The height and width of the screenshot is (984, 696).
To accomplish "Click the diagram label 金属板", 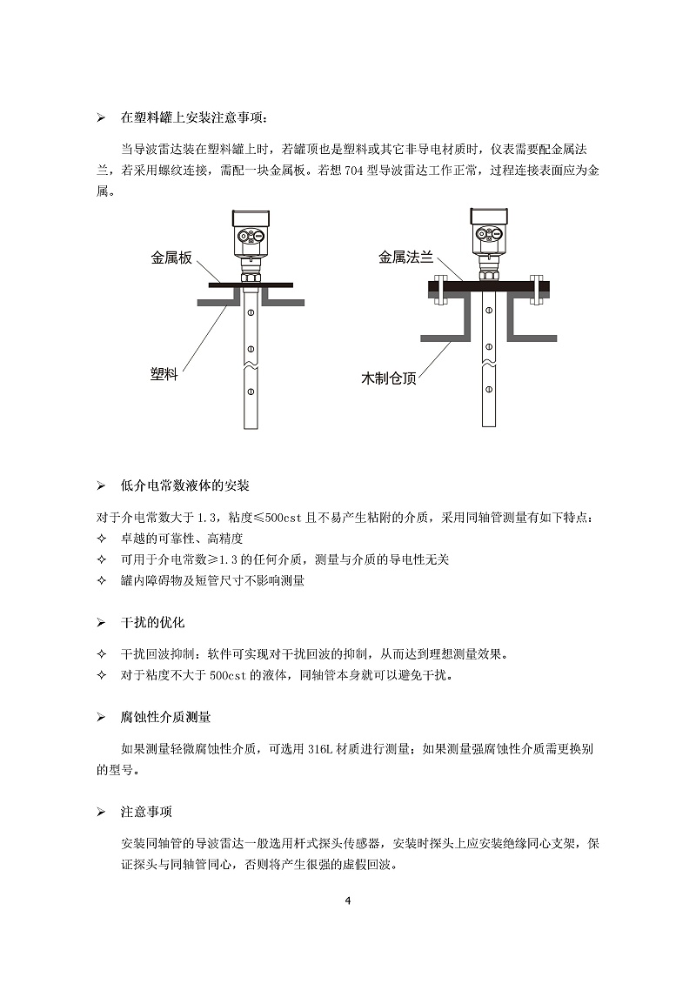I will (171, 258).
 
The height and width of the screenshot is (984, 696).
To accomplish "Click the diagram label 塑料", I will (164, 374).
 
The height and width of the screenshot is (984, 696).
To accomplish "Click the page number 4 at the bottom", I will (348, 900).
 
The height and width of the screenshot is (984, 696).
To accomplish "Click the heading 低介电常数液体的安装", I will (184, 485).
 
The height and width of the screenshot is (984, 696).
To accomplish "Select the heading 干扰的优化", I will (152, 623).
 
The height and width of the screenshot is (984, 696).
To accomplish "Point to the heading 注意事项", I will (146, 811).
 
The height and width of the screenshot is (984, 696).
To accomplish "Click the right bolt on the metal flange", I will (536, 288).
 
